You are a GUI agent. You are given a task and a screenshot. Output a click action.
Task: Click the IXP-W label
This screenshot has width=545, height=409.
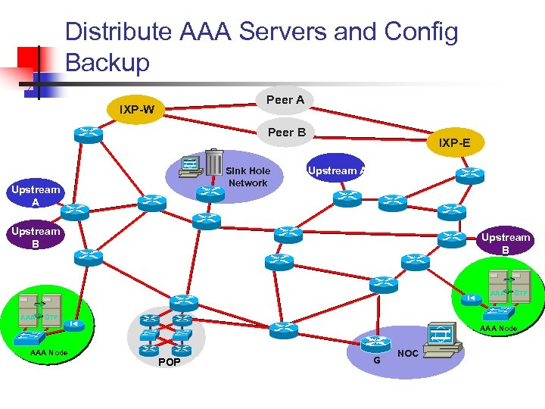(137, 110)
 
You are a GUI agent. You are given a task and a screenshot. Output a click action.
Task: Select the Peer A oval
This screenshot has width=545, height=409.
(285, 99)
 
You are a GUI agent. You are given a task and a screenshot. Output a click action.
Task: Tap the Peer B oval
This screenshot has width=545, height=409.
(287, 133)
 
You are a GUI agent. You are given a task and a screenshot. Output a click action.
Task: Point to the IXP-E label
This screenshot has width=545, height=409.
(453, 142)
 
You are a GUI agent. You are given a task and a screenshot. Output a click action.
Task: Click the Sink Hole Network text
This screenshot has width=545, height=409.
(248, 177)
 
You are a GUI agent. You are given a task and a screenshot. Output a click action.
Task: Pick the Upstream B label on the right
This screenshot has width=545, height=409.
(506, 243)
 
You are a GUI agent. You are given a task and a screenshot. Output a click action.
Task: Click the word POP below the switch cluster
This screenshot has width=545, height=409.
(169, 361)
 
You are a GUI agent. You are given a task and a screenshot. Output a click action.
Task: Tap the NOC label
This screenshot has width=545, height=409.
(408, 354)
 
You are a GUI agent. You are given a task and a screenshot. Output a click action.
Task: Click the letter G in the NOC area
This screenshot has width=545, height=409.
(376, 360)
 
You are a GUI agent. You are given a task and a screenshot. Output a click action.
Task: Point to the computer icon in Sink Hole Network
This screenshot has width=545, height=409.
(191, 167)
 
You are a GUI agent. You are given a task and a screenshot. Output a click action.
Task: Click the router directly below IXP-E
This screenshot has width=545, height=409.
(470, 175)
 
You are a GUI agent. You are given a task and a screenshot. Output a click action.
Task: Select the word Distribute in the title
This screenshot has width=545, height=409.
(119, 32)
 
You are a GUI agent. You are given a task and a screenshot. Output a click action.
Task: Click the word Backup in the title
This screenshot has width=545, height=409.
(107, 62)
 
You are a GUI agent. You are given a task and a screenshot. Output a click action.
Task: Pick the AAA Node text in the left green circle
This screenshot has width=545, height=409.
(48, 353)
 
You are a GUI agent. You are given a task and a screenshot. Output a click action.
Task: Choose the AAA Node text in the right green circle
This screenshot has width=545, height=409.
(498, 328)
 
